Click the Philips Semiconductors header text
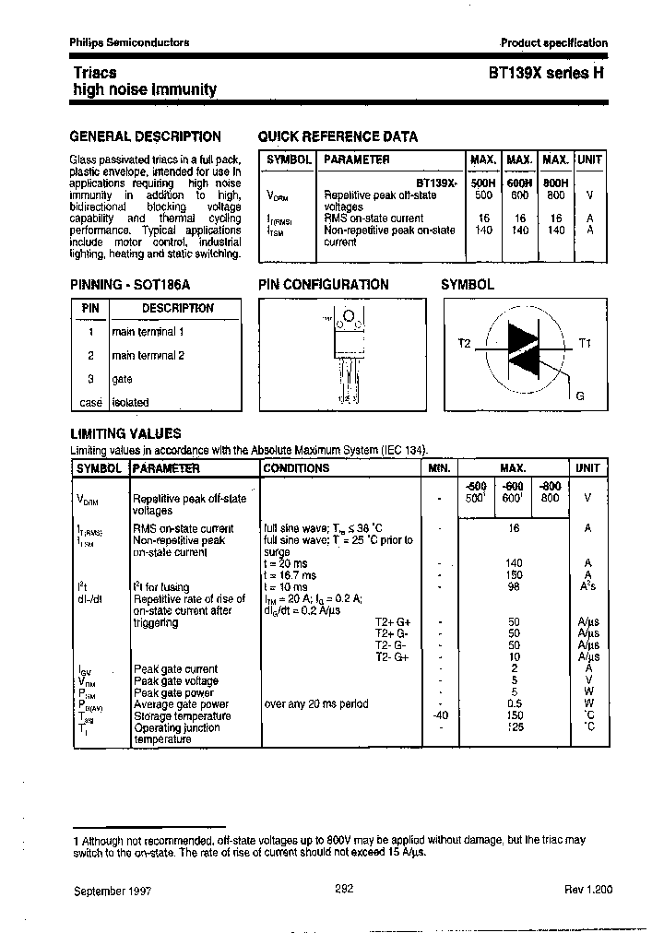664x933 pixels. (x=130, y=42)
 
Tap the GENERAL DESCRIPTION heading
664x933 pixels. (x=146, y=136)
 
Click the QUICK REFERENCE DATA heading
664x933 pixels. (x=338, y=136)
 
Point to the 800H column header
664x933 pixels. (x=555, y=183)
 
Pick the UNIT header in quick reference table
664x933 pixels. (x=589, y=159)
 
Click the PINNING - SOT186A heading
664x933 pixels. (x=130, y=285)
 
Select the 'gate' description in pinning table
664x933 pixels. (x=123, y=379)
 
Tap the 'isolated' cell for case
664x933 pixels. (x=130, y=403)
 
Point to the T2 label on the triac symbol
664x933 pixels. (x=464, y=343)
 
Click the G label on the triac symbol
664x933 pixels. (x=579, y=396)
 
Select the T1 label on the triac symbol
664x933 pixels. (x=585, y=343)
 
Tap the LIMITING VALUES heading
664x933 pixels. (x=126, y=433)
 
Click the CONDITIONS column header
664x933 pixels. (x=297, y=468)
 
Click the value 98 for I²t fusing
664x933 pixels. (x=515, y=586)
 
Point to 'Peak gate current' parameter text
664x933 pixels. (x=176, y=669)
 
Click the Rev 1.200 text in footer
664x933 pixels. (x=587, y=891)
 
